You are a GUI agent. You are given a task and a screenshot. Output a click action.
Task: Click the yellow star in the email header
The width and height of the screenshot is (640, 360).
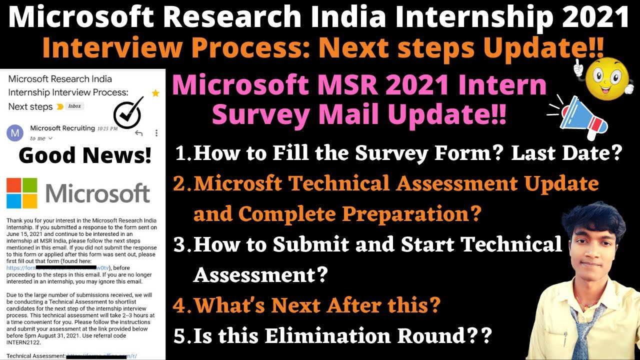coord(155,93)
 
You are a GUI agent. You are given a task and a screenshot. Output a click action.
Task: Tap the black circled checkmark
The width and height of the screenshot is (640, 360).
coord(128,112)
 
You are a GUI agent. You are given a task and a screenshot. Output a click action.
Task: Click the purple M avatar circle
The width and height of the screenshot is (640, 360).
coord(14,133)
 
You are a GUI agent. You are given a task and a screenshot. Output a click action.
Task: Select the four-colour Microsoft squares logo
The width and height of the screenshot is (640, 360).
coord(21,193)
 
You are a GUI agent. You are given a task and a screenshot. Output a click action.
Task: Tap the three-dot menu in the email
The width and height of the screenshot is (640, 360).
coord(156,133)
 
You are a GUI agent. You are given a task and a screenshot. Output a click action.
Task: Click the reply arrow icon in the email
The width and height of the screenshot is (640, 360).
coord(138,133)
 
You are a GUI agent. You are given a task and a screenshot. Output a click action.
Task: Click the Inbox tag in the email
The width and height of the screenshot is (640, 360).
coord(74,106)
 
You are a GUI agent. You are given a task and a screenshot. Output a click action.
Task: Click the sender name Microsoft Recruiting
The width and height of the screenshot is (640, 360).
coord(62,128)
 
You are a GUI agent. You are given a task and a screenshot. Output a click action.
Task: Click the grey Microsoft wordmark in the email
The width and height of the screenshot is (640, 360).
coord(98,193)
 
